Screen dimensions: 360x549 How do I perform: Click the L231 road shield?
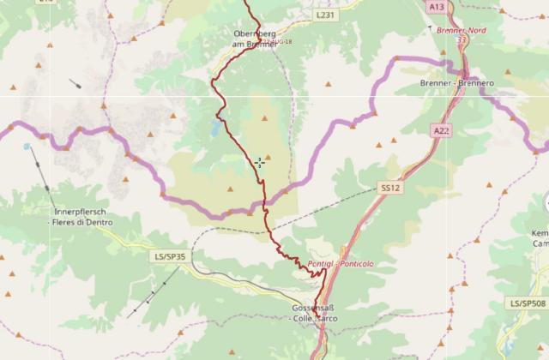click(323, 15)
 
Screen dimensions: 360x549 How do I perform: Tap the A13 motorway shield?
click(437, 6)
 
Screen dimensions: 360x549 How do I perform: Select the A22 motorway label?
click(442, 130)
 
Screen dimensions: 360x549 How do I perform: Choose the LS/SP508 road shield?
click(526, 303)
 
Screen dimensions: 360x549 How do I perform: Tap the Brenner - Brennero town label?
click(458, 83)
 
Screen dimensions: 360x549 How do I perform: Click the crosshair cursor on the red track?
click(259, 162)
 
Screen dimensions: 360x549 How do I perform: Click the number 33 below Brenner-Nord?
click(461, 39)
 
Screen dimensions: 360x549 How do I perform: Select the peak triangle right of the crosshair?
click(268, 157)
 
